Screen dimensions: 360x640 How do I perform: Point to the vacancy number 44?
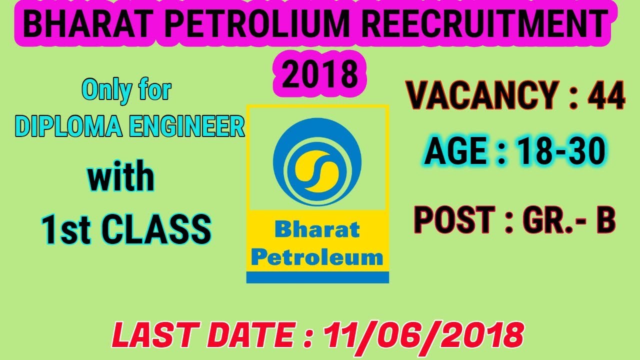tap(606, 96)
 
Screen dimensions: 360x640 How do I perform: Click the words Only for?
tap(126, 90)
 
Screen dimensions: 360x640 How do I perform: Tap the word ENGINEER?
tap(186, 127)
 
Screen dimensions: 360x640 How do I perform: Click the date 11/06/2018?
tap(423, 334)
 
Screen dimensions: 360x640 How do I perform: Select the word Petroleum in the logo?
tap(317, 258)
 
